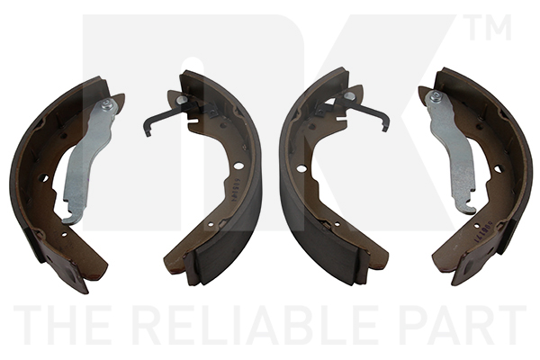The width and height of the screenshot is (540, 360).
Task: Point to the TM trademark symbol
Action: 487,27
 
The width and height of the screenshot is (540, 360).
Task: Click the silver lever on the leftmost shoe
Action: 89,161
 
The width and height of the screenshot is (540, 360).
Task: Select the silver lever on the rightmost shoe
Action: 451,151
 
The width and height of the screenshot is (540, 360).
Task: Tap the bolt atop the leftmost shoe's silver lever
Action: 107,104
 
